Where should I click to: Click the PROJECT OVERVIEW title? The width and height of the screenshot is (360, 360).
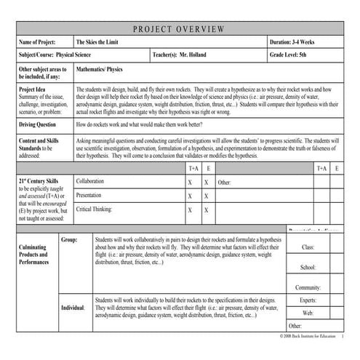(x=180, y=29)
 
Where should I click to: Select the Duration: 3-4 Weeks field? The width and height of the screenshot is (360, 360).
(x=298, y=43)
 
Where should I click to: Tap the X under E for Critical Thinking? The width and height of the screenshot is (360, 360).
(x=208, y=210)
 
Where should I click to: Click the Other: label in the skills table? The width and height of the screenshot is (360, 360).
(x=225, y=182)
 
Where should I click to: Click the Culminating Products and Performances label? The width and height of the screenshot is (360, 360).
(x=34, y=255)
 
